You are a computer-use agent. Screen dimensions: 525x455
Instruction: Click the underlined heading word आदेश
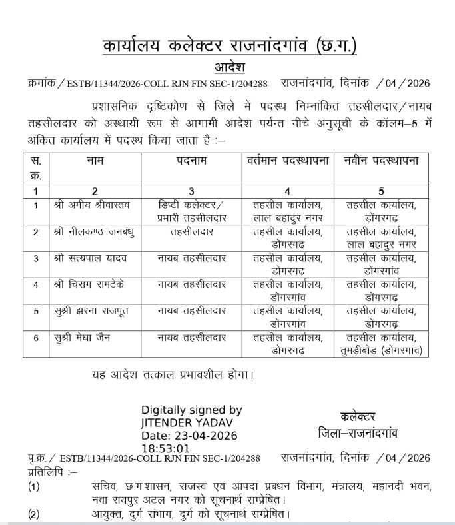[230, 67]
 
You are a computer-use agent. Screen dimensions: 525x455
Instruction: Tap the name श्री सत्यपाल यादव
[87, 258]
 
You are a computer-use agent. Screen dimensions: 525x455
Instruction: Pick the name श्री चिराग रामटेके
[89, 284]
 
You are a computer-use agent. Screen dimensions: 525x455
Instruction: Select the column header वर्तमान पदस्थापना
[288, 161]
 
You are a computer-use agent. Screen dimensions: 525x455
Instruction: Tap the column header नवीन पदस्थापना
[382, 161]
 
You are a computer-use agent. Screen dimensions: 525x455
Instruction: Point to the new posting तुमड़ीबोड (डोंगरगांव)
[382, 349]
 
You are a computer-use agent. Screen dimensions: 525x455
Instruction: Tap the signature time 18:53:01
[165, 448]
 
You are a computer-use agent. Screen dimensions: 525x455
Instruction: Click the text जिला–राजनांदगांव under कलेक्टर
[358, 433]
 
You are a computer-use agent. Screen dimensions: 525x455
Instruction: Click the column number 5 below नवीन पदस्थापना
[382, 191]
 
